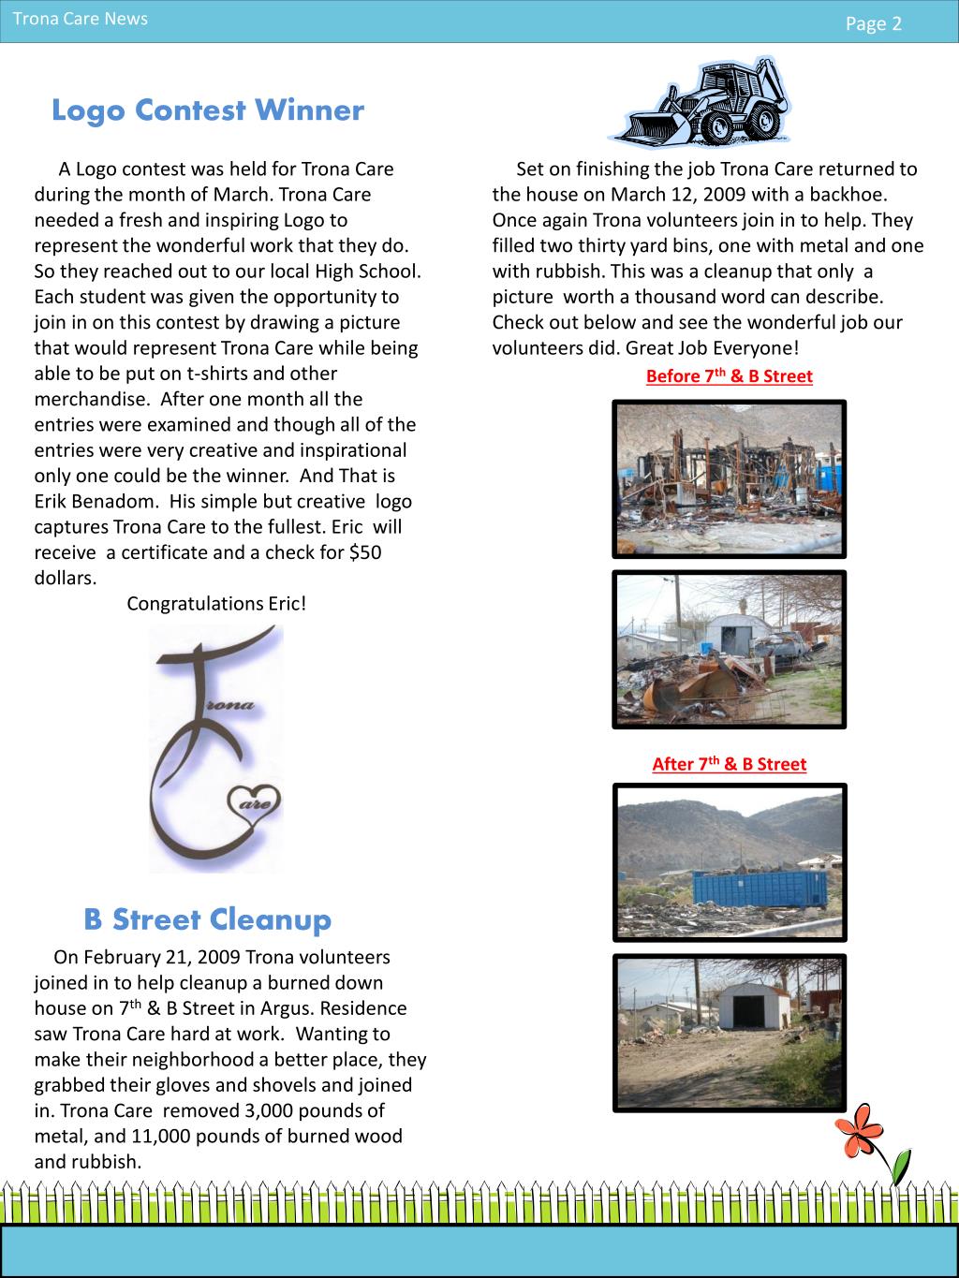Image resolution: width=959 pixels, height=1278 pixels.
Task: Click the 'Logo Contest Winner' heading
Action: (x=207, y=110)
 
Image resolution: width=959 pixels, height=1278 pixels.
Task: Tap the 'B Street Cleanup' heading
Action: (x=207, y=919)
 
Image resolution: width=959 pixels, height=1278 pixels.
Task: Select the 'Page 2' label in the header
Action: (x=873, y=24)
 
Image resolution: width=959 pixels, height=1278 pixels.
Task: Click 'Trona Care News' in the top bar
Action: (x=80, y=19)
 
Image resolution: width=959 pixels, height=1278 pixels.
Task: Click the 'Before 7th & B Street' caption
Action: (x=729, y=376)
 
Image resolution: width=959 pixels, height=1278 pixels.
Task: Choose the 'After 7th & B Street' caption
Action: (x=729, y=764)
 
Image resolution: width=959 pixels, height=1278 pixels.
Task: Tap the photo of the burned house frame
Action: (x=729, y=478)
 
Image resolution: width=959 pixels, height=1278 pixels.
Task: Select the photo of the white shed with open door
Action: (x=729, y=1033)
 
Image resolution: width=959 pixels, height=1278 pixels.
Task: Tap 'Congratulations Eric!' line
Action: (x=216, y=604)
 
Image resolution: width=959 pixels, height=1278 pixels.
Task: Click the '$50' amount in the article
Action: (x=365, y=552)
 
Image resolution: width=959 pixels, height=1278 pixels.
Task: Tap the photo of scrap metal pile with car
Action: (x=729, y=649)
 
